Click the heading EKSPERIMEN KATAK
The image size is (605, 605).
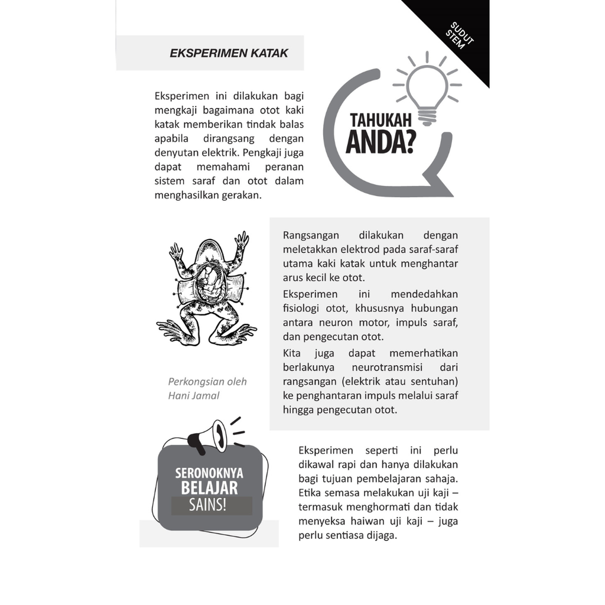(x=229, y=53)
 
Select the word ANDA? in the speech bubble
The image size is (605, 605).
(x=380, y=144)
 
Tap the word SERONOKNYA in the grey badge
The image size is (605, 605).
(x=209, y=473)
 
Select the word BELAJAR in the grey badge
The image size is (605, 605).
(x=209, y=488)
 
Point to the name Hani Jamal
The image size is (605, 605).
(x=193, y=396)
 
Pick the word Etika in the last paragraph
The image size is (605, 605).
(x=310, y=493)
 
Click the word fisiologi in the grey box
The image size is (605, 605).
(x=304, y=308)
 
